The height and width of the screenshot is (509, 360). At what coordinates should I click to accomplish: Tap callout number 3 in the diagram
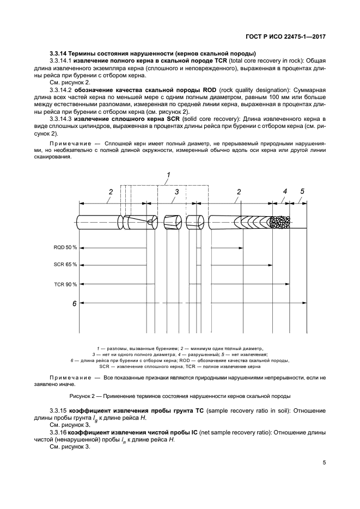tap(176, 192)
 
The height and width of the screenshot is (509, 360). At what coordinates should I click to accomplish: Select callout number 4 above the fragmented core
tap(284, 191)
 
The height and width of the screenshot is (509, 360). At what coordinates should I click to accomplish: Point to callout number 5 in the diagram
tap(302, 191)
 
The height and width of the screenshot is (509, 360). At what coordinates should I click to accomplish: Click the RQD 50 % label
tap(65, 247)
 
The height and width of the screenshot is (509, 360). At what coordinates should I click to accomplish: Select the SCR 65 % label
tap(65, 265)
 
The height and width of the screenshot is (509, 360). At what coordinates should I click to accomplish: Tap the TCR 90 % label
tap(65, 284)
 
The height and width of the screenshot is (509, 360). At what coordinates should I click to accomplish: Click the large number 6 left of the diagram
tap(74, 303)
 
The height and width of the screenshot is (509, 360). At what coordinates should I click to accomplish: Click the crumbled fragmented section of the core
tap(280, 222)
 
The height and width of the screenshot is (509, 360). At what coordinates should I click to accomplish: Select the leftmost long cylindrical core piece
tap(98, 222)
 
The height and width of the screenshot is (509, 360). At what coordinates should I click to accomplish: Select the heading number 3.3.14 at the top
tap(57, 53)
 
